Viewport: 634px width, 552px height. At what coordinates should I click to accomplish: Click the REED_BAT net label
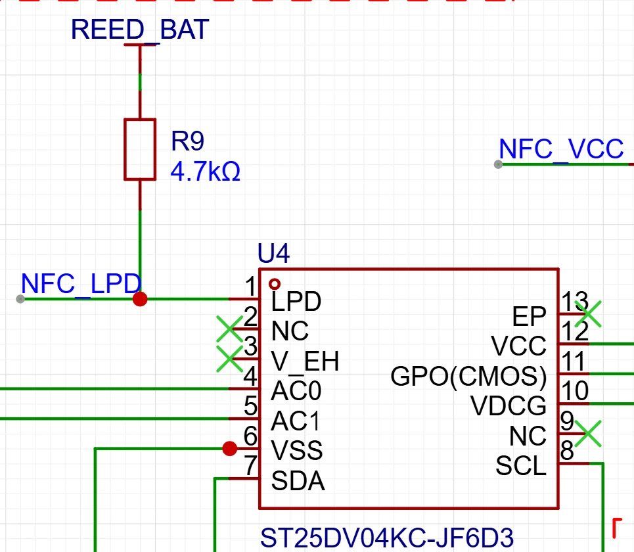click(x=140, y=30)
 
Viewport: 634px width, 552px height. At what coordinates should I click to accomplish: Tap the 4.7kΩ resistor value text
click(x=206, y=171)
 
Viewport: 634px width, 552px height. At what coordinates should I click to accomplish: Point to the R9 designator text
click(x=188, y=141)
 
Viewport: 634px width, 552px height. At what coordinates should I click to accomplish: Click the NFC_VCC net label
click(x=561, y=149)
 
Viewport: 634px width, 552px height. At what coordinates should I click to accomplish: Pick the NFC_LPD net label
click(x=81, y=283)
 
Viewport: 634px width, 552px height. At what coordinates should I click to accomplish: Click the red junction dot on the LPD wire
click(x=140, y=299)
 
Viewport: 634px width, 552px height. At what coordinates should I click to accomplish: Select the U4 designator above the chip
click(x=274, y=254)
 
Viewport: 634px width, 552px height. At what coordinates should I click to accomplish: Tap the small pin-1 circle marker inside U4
click(x=275, y=284)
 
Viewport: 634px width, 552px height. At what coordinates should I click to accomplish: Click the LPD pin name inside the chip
click(x=296, y=302)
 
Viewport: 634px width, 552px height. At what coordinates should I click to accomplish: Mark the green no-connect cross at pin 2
click(x=230, y=329)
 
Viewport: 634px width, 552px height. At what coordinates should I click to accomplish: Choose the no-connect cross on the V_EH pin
click(x=230, y=359)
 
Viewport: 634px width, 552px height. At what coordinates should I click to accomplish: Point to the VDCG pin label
click(x=509, y=405)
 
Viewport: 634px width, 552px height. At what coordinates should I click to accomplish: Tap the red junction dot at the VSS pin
click(x=230, y=448)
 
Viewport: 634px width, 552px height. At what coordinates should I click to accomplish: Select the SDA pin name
click(x=298, y=481)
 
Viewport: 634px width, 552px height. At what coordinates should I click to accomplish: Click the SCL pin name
click(x=521, y=465)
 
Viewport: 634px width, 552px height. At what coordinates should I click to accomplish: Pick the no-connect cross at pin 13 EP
click(x=588, y=314)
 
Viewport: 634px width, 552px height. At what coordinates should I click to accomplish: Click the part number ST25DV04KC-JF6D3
click(x=386, y=538)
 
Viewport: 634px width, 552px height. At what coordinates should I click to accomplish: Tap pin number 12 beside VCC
click(x=575, y=331)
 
